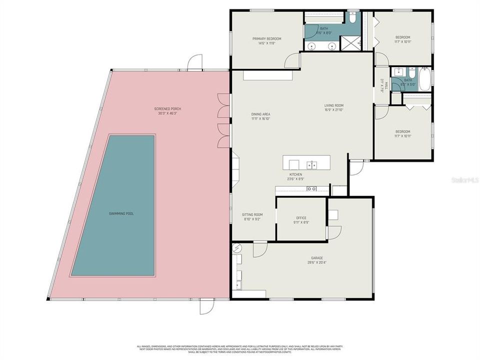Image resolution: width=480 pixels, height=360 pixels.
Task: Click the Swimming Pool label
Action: point(121,213)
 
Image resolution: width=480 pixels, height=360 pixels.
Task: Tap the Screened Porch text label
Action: point(167,109)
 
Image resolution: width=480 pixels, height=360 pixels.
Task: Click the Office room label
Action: point(301,217)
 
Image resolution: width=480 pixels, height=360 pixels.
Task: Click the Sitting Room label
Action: point(252,214)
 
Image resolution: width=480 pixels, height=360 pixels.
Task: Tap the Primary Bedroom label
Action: point(266,38)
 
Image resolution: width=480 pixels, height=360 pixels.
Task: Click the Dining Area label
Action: point(260,114)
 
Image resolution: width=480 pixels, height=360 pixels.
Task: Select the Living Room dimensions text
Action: point(334,109)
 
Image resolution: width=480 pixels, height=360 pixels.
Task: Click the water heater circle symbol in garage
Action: point(236,247)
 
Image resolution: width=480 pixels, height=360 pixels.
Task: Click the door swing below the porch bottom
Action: point(206,306)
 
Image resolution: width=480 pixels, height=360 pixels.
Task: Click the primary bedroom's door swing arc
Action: point(291,61)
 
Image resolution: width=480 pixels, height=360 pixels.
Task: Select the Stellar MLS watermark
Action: point(464,178)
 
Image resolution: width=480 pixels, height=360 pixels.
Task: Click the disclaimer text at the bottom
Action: point(240,349)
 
